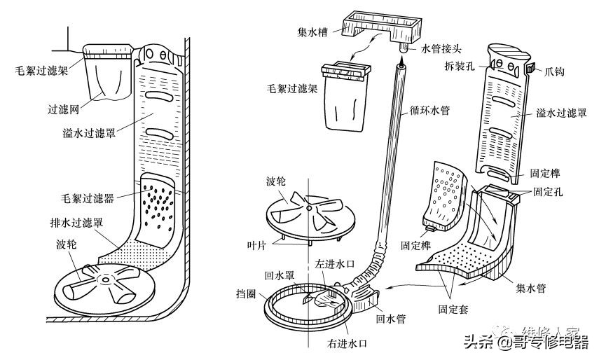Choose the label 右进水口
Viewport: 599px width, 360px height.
[x=347, y=344]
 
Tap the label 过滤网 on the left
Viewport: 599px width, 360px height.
[x=62, y=109]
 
